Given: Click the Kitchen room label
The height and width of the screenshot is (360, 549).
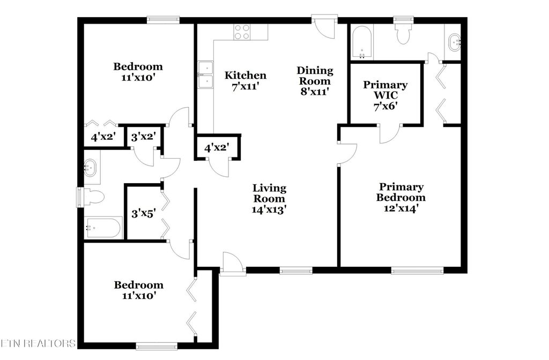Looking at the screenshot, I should pyautogui.click(x=245, y=75).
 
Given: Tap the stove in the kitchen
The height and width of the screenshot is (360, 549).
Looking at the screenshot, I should pyautogui.click(x=242, y=32).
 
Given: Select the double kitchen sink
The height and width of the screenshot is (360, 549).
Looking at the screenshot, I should pyautogui.click(x=205, y=74).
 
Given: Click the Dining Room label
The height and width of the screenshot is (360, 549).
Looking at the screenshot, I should pyautogui.click(x=315, y=70).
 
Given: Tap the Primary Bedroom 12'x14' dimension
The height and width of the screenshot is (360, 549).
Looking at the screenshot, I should pyautogui.click(x=401, y=208).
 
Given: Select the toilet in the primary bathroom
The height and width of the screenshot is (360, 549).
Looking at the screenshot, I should pyautogui.click(x=402, y=35).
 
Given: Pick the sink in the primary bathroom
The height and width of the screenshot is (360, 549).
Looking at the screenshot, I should pyautogui.click(x=454, y=41).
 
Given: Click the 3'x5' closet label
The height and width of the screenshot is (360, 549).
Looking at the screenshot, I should pyautogui.click(x=143, y=214).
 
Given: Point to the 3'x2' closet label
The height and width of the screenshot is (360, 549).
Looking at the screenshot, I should pyautogui.click(x=143, y=136).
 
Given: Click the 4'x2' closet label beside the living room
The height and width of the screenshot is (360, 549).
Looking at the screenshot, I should pyautogui.click(x=217, y=147).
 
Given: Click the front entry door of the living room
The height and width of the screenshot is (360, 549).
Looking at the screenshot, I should pyautogui.click(x=233, y=264).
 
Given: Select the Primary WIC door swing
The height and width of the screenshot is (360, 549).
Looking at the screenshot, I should pyautogui.click(x=390, y=134).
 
